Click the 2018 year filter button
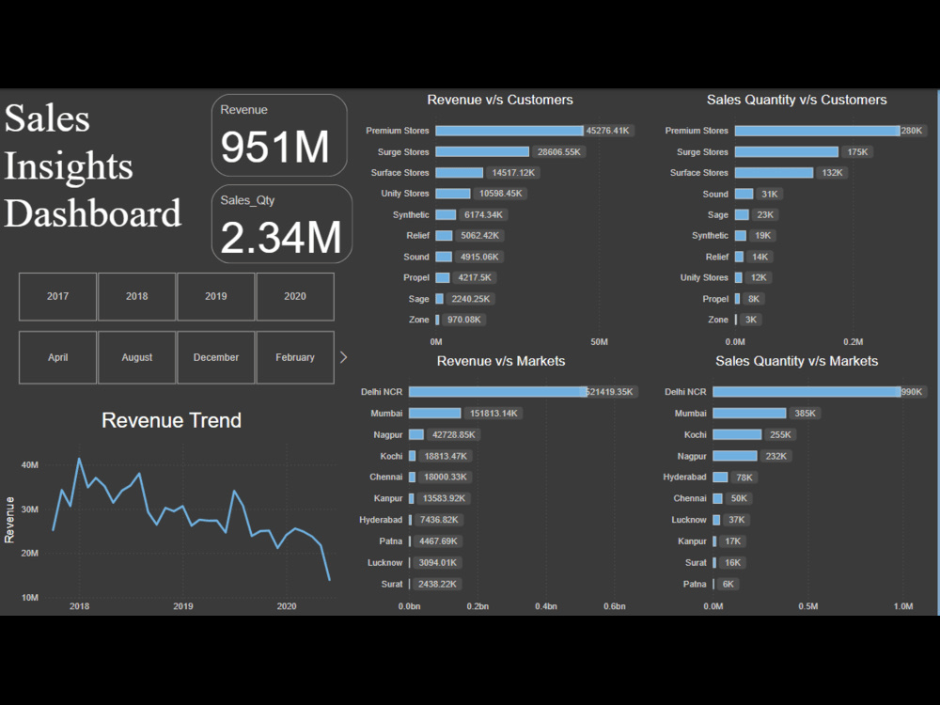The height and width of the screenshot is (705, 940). point(136,296)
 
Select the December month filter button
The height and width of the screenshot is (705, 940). point(216,357)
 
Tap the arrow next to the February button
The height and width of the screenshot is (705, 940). point(343,357)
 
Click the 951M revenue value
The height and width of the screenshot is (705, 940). point(275,148)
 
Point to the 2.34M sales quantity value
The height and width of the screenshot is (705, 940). point(280,239)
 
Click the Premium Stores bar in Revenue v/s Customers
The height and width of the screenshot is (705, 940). point(509,131)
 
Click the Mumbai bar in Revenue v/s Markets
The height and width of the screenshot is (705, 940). point(434,414)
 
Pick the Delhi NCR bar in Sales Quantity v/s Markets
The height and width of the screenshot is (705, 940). point(806,392)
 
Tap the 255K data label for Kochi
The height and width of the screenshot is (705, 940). point(781,435)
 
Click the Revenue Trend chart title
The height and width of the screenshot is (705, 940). point(171,420)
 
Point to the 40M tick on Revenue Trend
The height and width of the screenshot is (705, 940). point(29,465)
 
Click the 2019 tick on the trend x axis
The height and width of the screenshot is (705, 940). point(183,606)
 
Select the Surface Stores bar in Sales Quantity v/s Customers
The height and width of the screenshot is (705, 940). point(774,173)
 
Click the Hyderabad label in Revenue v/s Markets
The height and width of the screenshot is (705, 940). point(381,520)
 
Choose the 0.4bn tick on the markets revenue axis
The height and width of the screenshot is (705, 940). point(546,606)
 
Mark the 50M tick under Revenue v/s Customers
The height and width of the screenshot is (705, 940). point(599,341)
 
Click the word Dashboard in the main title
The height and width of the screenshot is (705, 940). point(93,213)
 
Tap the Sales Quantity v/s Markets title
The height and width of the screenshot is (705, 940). point(796,361)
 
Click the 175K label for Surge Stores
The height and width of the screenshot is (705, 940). point(857,152)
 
